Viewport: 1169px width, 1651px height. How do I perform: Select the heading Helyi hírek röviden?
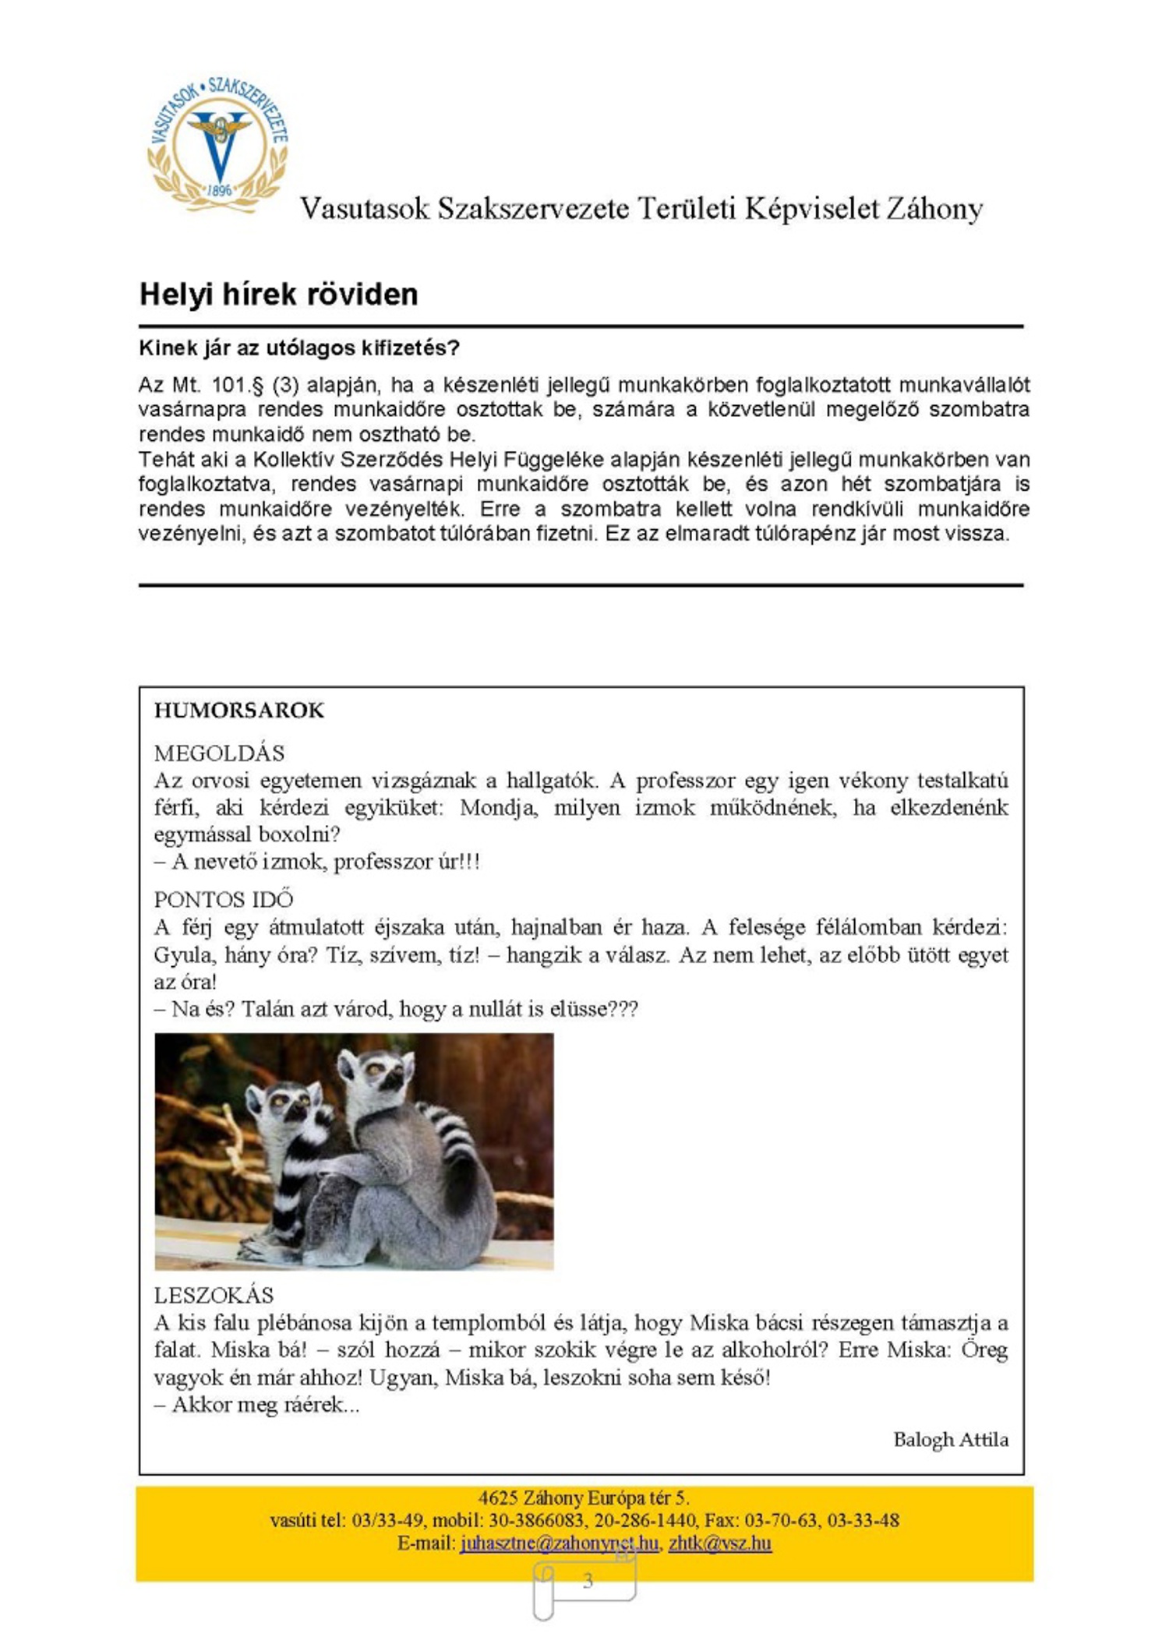click(278, 295)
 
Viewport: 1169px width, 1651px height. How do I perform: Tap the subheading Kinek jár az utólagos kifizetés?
click(299, 347)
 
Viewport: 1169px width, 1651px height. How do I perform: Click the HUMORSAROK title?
click(238, 710)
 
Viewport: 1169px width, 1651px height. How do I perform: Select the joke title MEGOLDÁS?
click(219, 753)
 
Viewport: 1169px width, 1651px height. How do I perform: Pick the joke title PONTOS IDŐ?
click(224, 899)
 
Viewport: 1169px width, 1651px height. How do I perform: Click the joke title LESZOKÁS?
click(214, 1295)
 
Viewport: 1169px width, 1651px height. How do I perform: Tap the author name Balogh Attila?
click(950, 1439)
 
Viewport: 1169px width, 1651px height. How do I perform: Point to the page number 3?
click(588, 1580)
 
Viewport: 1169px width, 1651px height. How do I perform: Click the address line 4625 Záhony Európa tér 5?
click(584, 1498)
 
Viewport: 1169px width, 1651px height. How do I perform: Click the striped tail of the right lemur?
click(456, 1138)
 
